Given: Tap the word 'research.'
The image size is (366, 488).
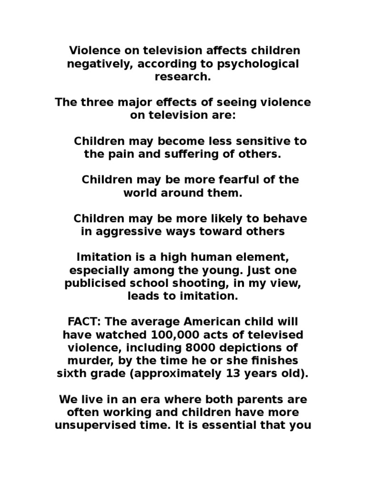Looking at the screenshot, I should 183,77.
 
